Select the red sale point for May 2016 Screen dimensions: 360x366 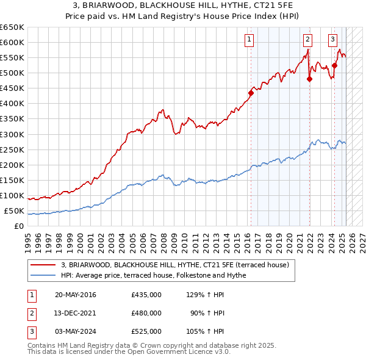(251, 93)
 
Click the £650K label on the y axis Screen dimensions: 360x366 (12, 27)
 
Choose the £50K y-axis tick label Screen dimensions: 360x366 (14, 211)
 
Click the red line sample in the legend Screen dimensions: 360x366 (44, 265)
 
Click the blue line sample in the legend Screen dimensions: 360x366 (44, 275)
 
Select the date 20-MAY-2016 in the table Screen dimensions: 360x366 (75, 295)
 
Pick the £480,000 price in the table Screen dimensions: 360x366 (146, 313)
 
